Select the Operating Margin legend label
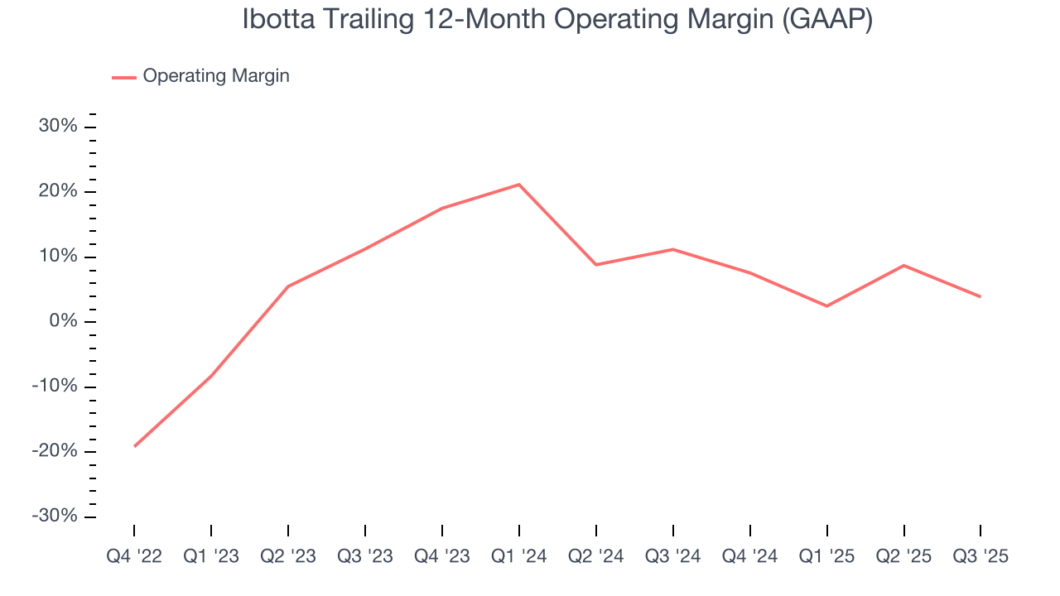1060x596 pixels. [x=216, y=76]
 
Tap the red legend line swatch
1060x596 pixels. [x=124, y=77]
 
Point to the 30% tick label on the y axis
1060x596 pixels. [x=58, y=127]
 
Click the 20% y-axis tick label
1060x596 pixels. [x=58, y=191]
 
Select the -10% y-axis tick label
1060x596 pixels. [x=55, y=387]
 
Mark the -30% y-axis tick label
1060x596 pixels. [x=55, y=517]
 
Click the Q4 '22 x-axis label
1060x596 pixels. [x=134, y=557]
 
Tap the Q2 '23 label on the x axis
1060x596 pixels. [x=288, y=557]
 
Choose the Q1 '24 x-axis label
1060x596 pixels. [x=519, y=557]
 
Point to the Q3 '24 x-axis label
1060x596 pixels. [x=673, y=557]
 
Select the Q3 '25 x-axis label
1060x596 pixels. [x=980, y=557]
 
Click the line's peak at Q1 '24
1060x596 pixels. [x=519, y=185]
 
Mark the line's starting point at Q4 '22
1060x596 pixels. [x=134, y=446]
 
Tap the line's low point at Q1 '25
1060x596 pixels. [x=827, y=306]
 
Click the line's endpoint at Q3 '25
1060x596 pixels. [x=980, y=296]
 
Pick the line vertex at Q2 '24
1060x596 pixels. [x=596, y=265]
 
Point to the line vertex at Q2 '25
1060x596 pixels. [x=903, y=266]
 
